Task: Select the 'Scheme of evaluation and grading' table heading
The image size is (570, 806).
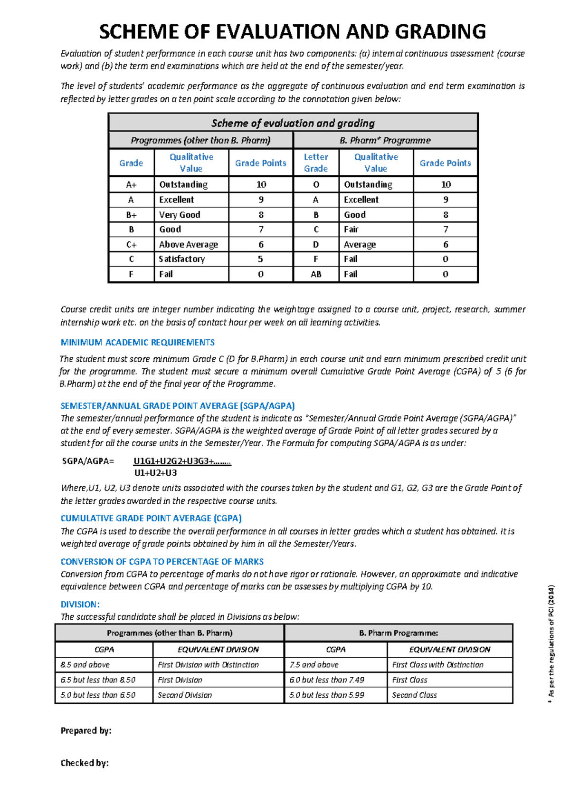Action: coord(293,123)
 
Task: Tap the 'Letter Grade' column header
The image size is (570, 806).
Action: coord(316,163)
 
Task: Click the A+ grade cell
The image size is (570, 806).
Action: coord(131,184)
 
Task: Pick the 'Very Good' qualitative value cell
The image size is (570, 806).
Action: coord(180,215)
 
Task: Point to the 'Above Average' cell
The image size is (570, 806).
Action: coord(188,244)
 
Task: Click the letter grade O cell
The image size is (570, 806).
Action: coord(316,184)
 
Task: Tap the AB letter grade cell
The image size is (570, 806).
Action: coord(316,274)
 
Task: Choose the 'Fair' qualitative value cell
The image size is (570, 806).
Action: coord(351,230)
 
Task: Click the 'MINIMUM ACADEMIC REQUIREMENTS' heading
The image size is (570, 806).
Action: coord(137,342)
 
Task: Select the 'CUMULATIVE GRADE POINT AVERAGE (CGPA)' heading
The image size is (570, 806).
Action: coord(151,518)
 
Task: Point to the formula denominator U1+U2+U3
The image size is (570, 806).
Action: coord(155,473)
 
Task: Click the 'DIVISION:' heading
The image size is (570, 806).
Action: coord(80,604)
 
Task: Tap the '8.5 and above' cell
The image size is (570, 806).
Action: coord(85,665)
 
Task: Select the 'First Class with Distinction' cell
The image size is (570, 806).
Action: coord(437,665)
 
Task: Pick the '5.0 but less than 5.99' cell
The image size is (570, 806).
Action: coord(327,695)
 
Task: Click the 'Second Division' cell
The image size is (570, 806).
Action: coord(185,695)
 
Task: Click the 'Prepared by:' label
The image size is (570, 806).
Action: coord(85,731)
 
